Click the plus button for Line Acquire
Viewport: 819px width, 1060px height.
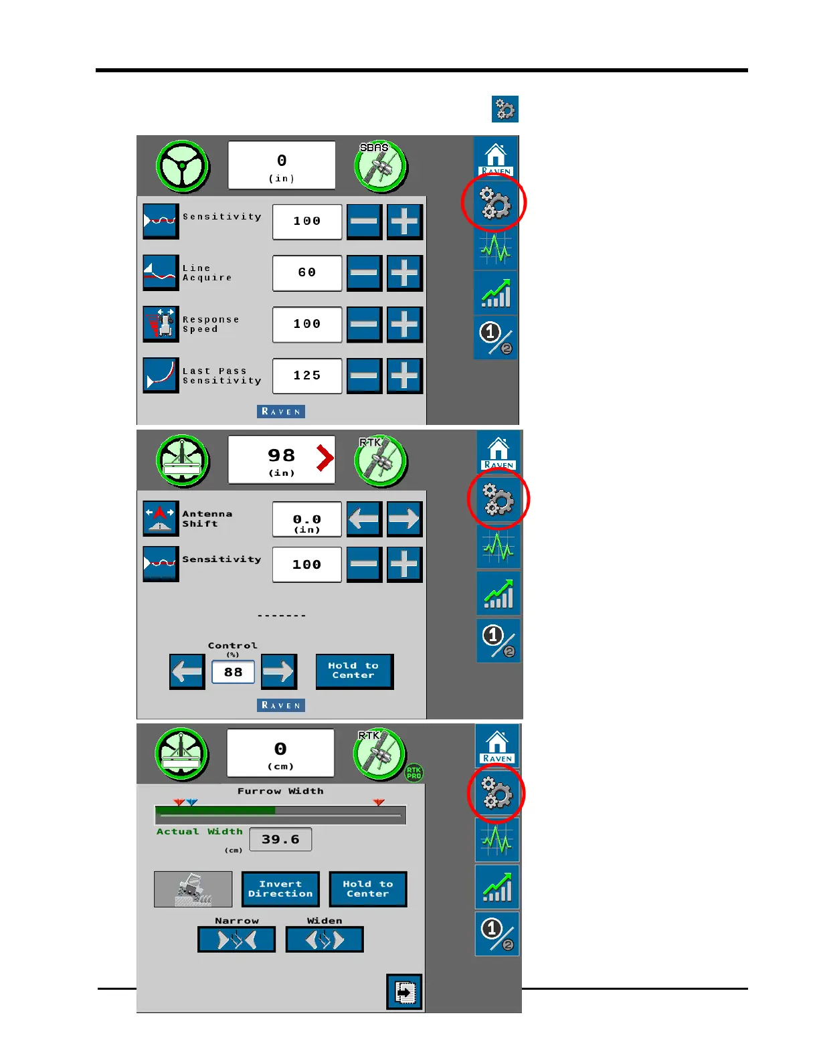pyautogui.click(x=404, y=273)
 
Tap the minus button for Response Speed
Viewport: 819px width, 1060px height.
pyautogui.click(x=364, y=325)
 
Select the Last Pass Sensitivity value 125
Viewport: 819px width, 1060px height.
pyautogui.click(x=307, y=376)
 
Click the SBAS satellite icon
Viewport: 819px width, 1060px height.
pyautogui.click(x=381, y=166)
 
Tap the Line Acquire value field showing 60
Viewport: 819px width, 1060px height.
pyautogui.click(x=307, y=273)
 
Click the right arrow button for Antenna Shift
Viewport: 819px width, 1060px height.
pyautogui.click(x=404, y=519)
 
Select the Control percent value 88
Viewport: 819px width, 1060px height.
pyautogui.click(x=233, y=672)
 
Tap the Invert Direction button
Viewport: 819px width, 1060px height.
pyautogui.click(x=280, y=889)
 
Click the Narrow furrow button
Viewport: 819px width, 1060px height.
pyautogui.click(x=236, y=940)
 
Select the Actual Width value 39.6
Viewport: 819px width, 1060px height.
pyautogui.click(x=280, y=839)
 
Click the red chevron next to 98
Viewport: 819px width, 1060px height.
pyautogui.click(x=325, y=458)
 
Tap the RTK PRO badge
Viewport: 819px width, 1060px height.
pyautogui.click(x=414, y=773)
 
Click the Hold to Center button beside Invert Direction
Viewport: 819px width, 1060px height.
pyautogui.click(x=367, y=889)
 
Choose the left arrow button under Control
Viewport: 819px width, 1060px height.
pyautogui.click(x=187, y=671)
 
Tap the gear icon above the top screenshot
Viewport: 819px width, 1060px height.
pyautogui.click(x=505, y=109)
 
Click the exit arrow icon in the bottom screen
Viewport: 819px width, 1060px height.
pyautogui.click(x=404, y=992)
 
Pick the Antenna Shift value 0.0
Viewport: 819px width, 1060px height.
pyautogui.click(x=307, y=520)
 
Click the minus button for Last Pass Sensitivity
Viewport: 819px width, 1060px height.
pyautogui.click(x=364, y=376)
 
